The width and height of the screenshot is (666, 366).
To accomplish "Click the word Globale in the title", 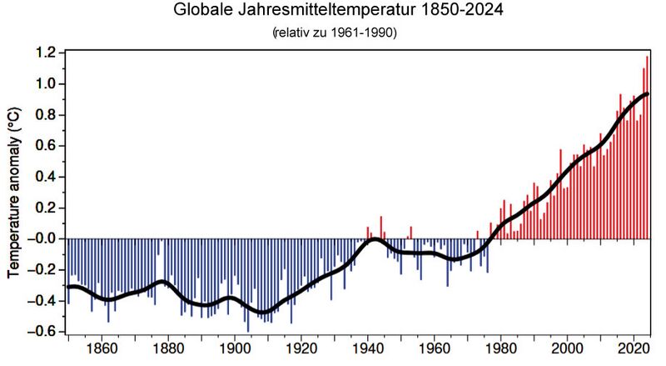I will (203, 12).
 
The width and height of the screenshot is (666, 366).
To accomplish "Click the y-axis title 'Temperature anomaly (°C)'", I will (14, 192).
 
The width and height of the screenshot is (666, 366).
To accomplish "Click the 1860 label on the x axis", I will (102, 348).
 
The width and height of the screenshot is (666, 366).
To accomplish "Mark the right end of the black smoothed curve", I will (648, 93).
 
